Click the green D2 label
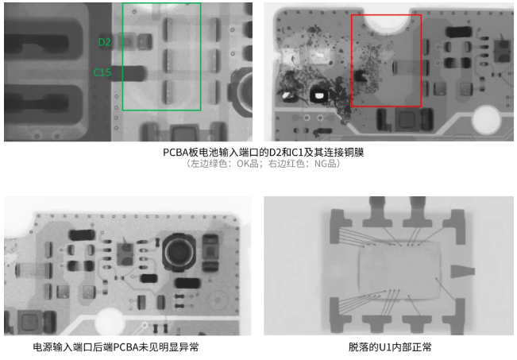click(x=105, y=41)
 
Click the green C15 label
click(x=102, y=73)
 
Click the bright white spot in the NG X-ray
click(x=318, y=95)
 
